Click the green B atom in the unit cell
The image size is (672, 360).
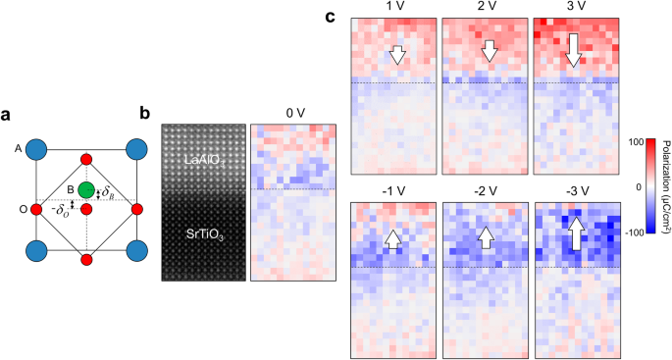pos(85,189)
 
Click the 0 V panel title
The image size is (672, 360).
pos(293,114)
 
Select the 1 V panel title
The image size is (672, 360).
pos(394,8)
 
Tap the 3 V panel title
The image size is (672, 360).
pos(576,8)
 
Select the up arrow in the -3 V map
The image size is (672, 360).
pos(577,235)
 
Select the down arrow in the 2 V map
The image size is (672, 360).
pos(486,50)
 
